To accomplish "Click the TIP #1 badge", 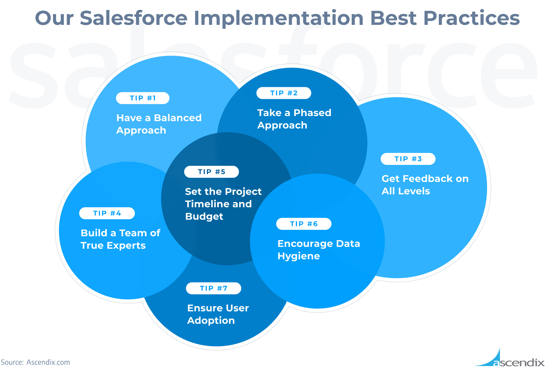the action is pyautogui.click(x=143, y=98).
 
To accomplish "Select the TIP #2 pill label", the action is pyautogui.click(x=284, y=93).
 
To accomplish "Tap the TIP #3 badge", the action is pyautogui.click(x=408, y=159).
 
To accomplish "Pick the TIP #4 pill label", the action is pyautogui.click(x=107, y=213).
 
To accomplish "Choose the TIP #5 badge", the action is pyautogui.click(x=211, y=172).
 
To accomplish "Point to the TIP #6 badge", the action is pyautogui.click(x=304, y=224).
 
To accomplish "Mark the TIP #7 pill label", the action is pyautogui.click(x=214, y=288).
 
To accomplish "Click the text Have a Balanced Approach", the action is pyautogui.click(x=159, y=124).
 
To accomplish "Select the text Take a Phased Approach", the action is pyautogui.click(x=294, y=119).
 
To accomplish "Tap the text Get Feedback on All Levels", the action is pyautogui.click(x=425, y=185).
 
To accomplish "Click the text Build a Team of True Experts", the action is pyautogui.click(x=120, y=239).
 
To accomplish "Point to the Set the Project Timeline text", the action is pyautogui.click(x=223, y=198).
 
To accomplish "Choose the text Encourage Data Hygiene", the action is pyautogui.click(x=319, y=250).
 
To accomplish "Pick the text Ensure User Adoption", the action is pyautogui.click(x=218, y=314).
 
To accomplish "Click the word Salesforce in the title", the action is pyautogui.click(x=134, y=18).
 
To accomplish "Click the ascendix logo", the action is pyautogui.click(x=509, y=357).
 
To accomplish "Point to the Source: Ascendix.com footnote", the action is pyautogui.click(x=35, y=362).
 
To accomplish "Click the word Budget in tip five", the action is pyautogui.click(x=204, y=216).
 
